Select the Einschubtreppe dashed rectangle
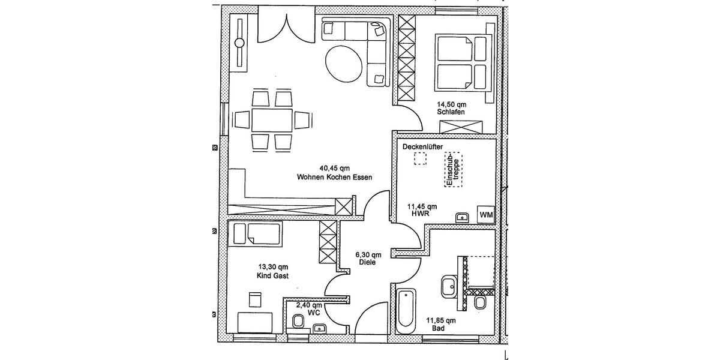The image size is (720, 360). [x=454, y=169]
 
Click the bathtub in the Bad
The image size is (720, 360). [x=406, y=311]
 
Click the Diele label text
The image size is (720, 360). [x=367, y=262]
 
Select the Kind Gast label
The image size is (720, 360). [x=273, y=276]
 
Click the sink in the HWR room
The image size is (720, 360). [x=462, y=217]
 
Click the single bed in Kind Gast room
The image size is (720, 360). [x=257, y=234]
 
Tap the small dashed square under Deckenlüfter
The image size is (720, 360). [x=421, y=158]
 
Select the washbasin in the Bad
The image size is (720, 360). [x=449, y=286]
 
